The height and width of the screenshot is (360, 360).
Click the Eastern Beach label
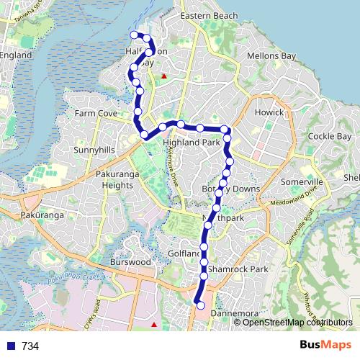point(209,16)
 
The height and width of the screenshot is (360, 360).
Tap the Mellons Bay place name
point(267,55)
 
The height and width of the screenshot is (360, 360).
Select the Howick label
point(269,113)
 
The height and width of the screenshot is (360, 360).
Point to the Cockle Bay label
point(329,136)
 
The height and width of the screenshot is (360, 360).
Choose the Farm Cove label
point(96,114)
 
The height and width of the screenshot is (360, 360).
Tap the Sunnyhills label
point(94,150)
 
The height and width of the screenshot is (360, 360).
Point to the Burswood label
point(130,263)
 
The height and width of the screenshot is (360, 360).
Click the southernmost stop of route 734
point(201,306)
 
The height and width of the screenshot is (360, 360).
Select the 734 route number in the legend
point(30,346)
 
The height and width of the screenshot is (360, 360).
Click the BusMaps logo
point(325,345)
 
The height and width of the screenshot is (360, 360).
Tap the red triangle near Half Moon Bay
point(164,75)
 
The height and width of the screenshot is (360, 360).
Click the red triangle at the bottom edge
point(153,325)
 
